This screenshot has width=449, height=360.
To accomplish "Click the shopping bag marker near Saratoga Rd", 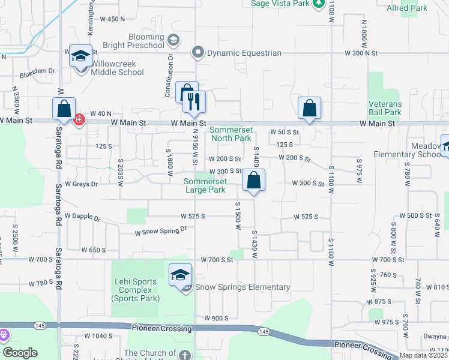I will [x=64, y=109].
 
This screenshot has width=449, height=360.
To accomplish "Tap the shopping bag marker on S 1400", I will [x=254, y=180].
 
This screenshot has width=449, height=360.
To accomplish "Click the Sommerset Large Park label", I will [x=205, y=185].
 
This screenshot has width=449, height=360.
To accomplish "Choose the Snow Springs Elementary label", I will [x=243, y=287].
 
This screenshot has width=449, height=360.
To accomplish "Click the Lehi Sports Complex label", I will [x=135, y=290].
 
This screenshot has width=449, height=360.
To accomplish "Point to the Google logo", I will [x=20, y=353].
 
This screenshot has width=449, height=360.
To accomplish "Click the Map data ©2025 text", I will [x=424, y=355].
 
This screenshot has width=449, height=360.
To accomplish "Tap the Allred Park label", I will [x=424, y=8].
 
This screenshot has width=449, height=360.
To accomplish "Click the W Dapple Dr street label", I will [x=82, y=217].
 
